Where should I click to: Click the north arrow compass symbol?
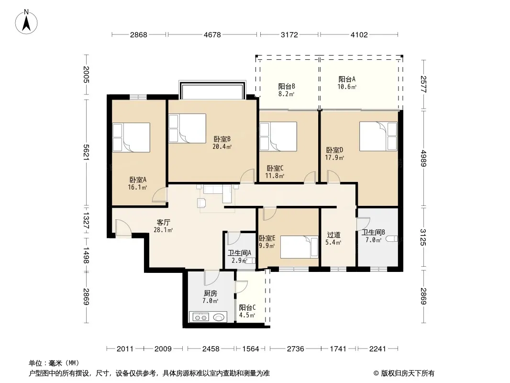[26, 22]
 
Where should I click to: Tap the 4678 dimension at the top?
[212, 34]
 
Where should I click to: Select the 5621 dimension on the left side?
[86, 152]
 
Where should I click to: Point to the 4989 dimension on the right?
[423, 158]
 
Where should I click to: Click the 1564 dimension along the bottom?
[251, 349]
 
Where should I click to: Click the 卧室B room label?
[222, 139]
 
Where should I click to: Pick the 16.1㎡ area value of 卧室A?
[137, 187]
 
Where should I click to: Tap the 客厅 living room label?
[163, 222]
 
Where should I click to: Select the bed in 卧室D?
[378, 136]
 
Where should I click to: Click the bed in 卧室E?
[299, 247]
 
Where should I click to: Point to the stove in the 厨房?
[200, 316]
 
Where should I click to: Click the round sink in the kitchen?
[220, 316]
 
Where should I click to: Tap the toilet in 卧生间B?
[392, 238]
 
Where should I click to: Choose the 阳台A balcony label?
[347, 79]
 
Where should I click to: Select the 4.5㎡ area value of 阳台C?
[247, 315]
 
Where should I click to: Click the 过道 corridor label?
[334, 235]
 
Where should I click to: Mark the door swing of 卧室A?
[160, 194]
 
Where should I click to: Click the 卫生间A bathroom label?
[239, 253]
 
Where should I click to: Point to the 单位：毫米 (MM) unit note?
[54, 363]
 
